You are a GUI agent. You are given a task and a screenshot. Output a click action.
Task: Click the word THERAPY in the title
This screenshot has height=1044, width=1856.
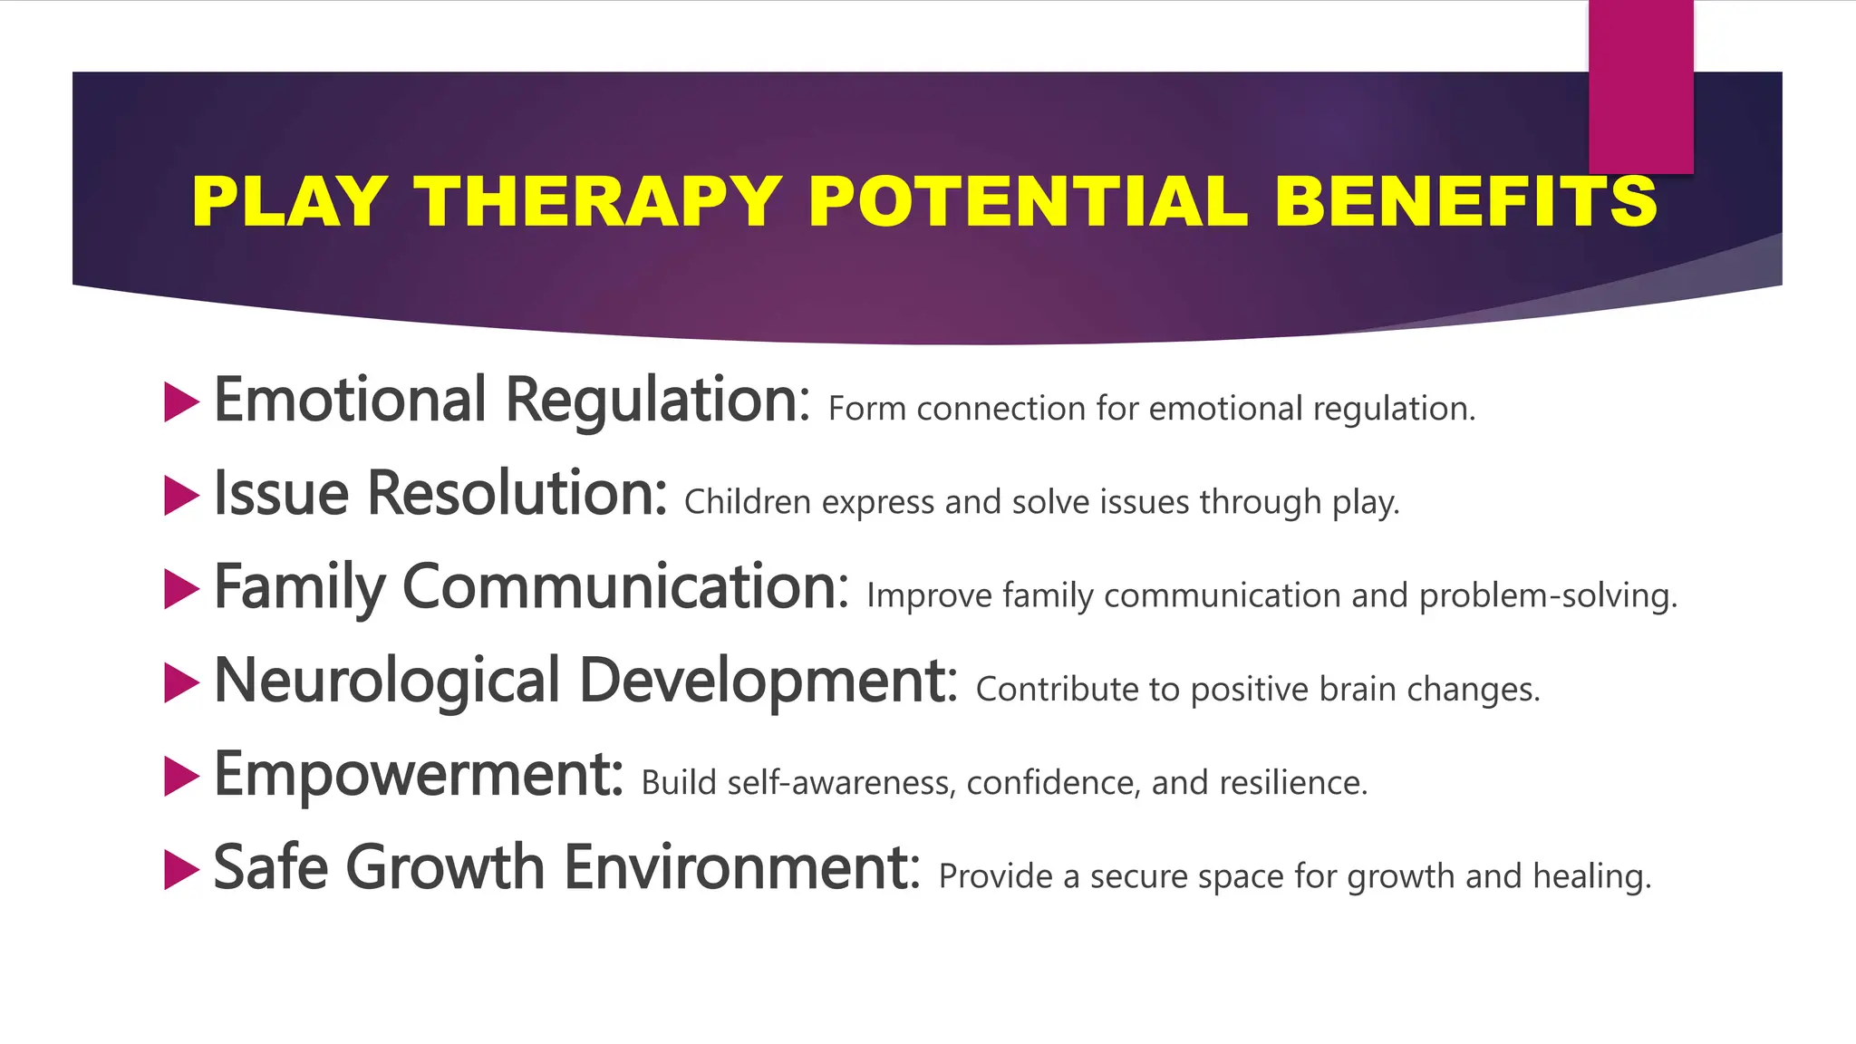tap(598, 200)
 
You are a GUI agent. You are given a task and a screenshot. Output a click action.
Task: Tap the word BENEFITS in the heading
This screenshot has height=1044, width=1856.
tap(1465, 200)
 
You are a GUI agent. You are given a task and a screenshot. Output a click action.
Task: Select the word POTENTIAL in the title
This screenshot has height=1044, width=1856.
tap(1028, 200)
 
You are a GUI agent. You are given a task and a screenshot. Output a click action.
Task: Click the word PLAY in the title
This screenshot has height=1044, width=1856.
tap(289, 200)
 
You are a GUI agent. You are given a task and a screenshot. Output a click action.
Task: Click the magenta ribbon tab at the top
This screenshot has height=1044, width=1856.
tap(1640, 86)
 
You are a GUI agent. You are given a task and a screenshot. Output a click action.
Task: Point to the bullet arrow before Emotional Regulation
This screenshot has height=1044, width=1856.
tap(180, 401)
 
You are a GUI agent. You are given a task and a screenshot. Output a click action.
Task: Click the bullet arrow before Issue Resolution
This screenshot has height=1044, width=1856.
tap(180, 496)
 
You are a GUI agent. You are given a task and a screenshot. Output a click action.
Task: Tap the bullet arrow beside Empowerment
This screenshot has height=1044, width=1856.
tap(180, 777)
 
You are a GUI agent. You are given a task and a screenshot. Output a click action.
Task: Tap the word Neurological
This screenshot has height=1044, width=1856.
tap(387, 681)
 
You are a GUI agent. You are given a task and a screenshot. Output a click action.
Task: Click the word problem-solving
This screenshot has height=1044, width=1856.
tap(1548, 596)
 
